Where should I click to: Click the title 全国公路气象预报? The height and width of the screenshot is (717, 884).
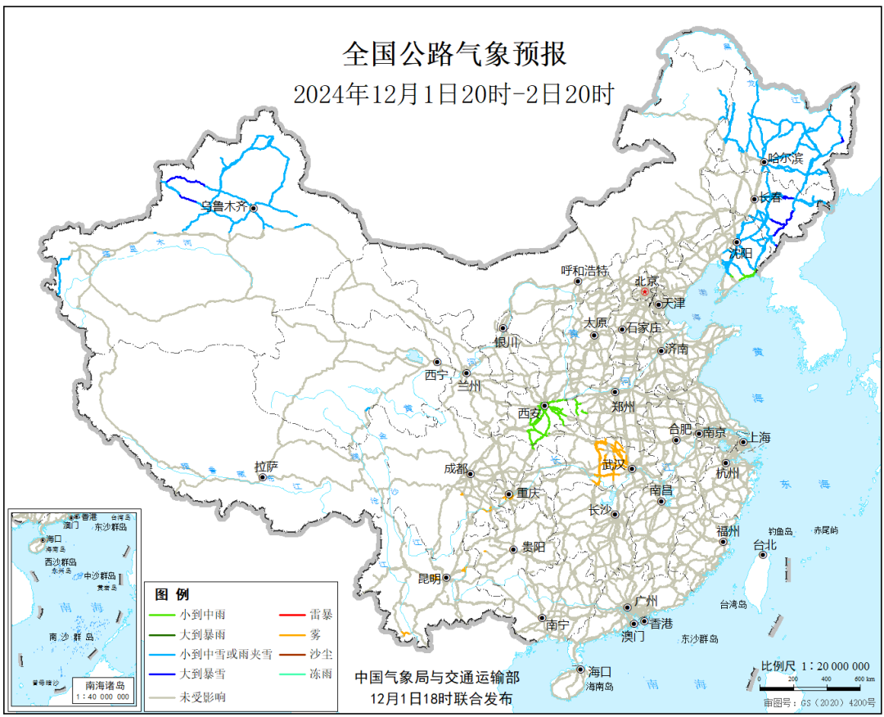pos(454,56)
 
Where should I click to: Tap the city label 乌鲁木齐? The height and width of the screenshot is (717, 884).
pos(224,207)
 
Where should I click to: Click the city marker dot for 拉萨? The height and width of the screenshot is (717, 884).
pos(262,477)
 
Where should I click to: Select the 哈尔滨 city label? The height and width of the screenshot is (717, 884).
pos(786,159)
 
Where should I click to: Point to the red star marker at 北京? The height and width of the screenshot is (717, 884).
pos(644,291)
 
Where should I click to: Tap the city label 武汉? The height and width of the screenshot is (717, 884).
pos(613,465)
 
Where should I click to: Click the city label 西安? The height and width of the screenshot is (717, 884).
pos(529,413)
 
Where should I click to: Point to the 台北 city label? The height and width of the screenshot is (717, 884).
pos(764,544)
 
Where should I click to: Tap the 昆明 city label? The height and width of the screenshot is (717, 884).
pos(429,578)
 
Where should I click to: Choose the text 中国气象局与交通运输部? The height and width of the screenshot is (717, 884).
pos(436,678)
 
